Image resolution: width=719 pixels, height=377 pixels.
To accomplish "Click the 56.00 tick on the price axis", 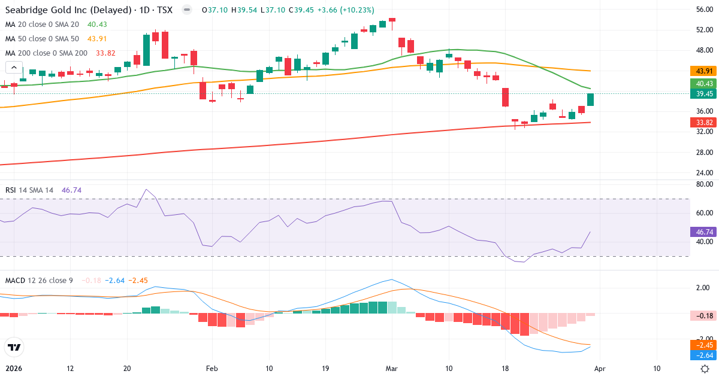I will (704, 10).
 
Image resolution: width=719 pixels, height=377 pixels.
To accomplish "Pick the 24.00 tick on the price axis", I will (704, 173).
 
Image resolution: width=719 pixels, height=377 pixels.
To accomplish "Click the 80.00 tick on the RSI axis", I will (704, 184).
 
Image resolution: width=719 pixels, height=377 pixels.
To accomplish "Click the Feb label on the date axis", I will (211, 369).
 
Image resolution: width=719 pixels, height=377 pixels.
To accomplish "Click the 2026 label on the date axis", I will (13, 369).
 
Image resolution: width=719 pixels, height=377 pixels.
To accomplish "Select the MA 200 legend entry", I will (47, 53).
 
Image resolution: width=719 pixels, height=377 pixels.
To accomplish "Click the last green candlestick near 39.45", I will (590, 100).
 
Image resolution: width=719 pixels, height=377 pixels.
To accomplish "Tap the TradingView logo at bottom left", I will (14, 347).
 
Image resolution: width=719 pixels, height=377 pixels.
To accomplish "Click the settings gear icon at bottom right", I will (705, 369).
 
